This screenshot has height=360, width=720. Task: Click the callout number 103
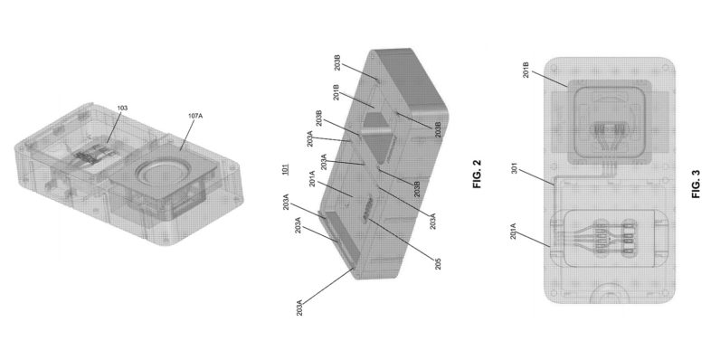(x=122, y=109)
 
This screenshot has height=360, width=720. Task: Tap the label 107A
(x=195, y=116)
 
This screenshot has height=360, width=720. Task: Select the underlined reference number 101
(x=285, y=169)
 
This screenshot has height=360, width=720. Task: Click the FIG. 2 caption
(x=476, y=174)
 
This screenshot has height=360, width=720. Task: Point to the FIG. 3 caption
(x=696, y=185)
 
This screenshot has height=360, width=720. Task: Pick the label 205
(x=437, y=263)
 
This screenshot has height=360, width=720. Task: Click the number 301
(x=516, y=164)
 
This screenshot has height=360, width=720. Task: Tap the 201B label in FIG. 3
(x=526, y=68)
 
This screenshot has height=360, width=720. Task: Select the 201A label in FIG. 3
(x=513, y=231)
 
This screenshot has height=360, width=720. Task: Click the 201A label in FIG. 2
(x=312, y=178)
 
